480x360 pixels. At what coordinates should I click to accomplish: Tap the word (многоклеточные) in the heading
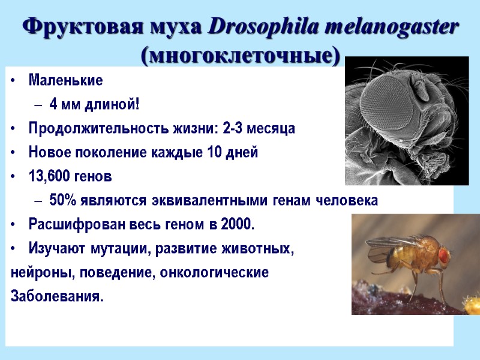tap(240, 55)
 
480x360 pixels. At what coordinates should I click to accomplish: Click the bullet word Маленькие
tap(65, 80)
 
